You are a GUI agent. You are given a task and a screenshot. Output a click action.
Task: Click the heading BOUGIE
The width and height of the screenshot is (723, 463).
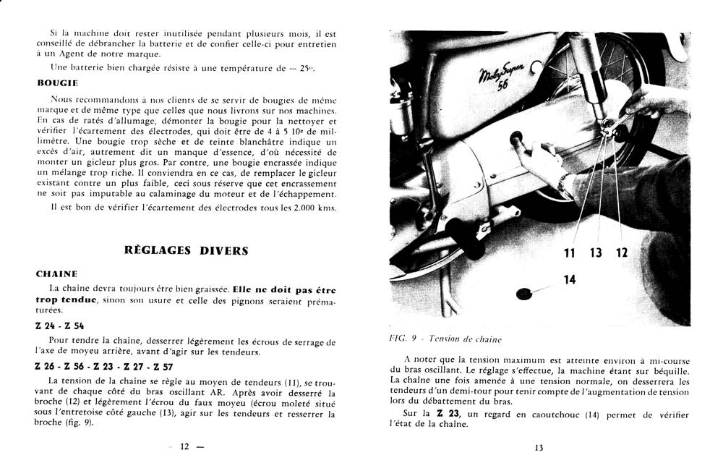pos(57,82)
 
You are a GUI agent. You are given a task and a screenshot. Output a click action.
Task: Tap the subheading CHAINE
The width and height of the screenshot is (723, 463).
pos(56,274)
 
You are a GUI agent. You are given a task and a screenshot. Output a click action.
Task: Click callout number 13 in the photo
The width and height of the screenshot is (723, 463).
pos(596,252)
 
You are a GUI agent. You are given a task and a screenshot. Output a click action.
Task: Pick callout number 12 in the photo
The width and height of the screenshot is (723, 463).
pos(622,252)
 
